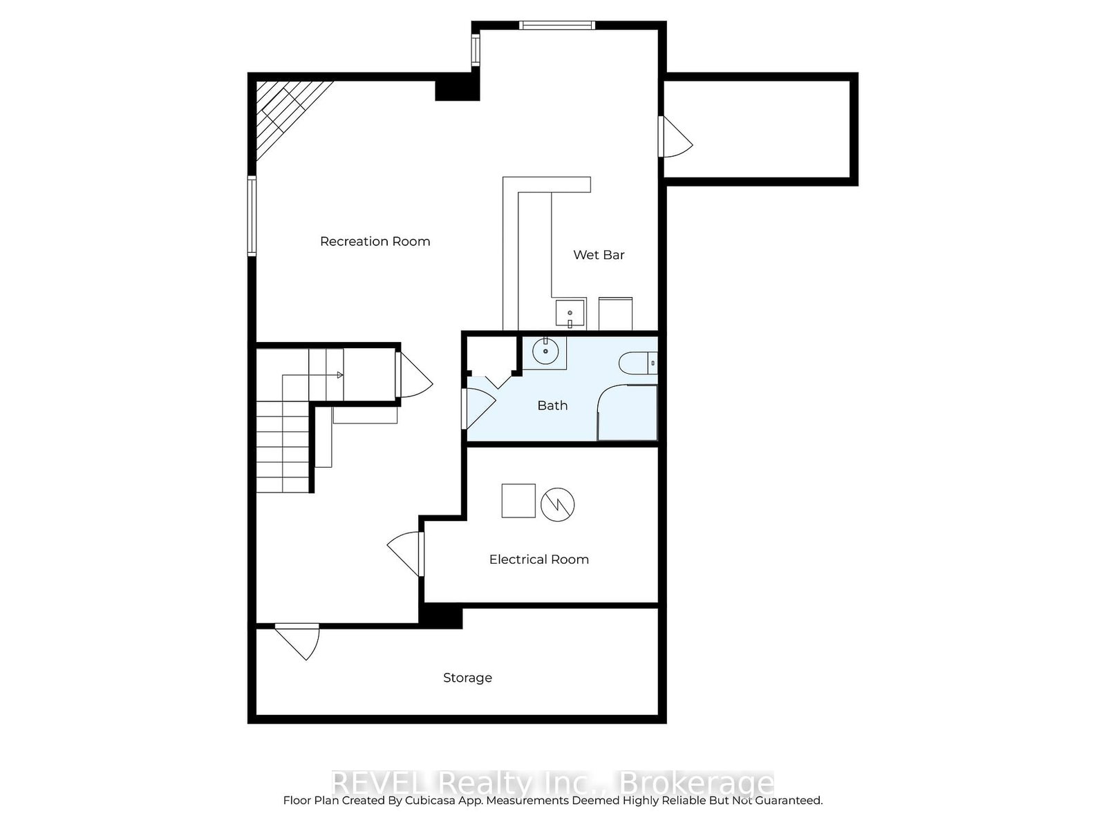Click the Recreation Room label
tap(375, 241)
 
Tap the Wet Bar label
tap(599, 255)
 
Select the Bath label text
tap(552, 406)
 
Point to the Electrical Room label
tap(538, 560)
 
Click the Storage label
tap(467, 678)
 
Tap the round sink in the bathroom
tap(546, 351)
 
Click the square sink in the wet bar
tap(570, 314)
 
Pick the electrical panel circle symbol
tap(557, 504)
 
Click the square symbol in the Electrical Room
tap(518, 500)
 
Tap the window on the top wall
tap(556, 26)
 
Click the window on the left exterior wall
tap(252, 216)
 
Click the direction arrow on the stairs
tap(339, 375)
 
